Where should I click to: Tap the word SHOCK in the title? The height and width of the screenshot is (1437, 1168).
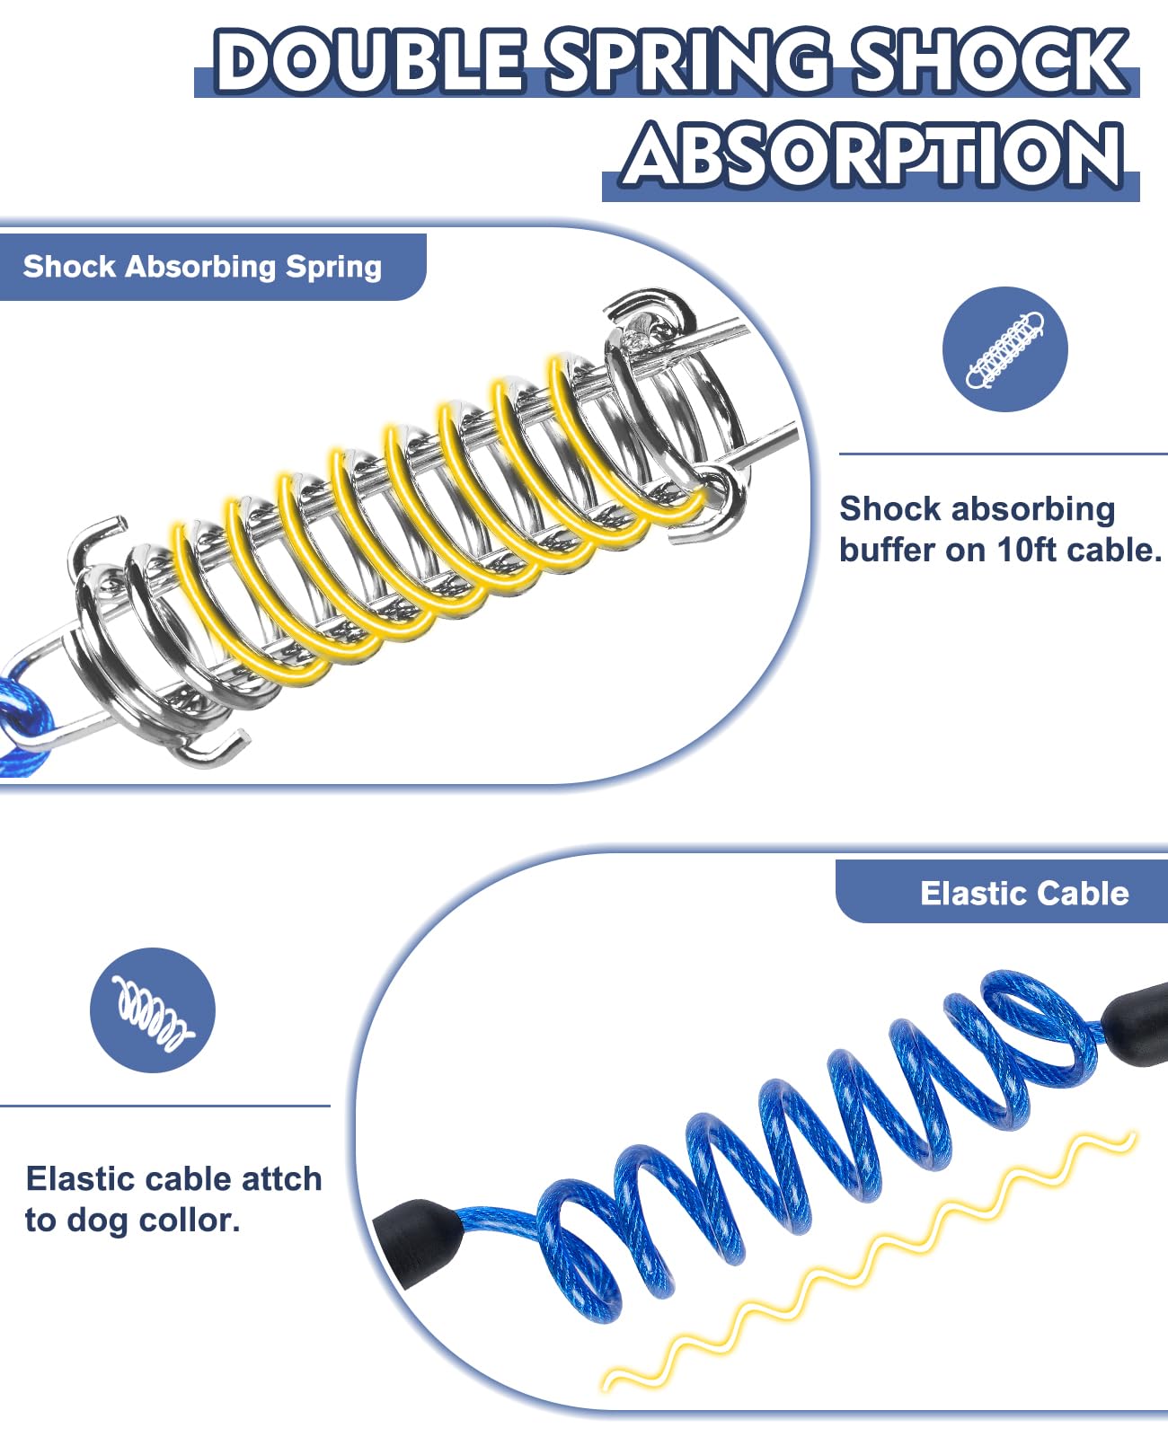point(988,61)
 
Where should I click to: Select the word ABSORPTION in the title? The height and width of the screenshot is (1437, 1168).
point(872,154)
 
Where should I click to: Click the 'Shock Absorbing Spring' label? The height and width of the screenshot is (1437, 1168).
point(202,267)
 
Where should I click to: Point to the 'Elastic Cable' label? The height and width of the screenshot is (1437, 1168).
point(1024,893)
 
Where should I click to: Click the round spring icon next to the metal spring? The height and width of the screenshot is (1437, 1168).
point(1004,349)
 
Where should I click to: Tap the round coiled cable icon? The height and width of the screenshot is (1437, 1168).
point(153,1010)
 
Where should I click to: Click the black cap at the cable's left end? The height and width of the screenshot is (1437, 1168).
point(418,1239)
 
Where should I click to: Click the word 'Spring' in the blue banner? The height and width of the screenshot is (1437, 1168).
point(333,267)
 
